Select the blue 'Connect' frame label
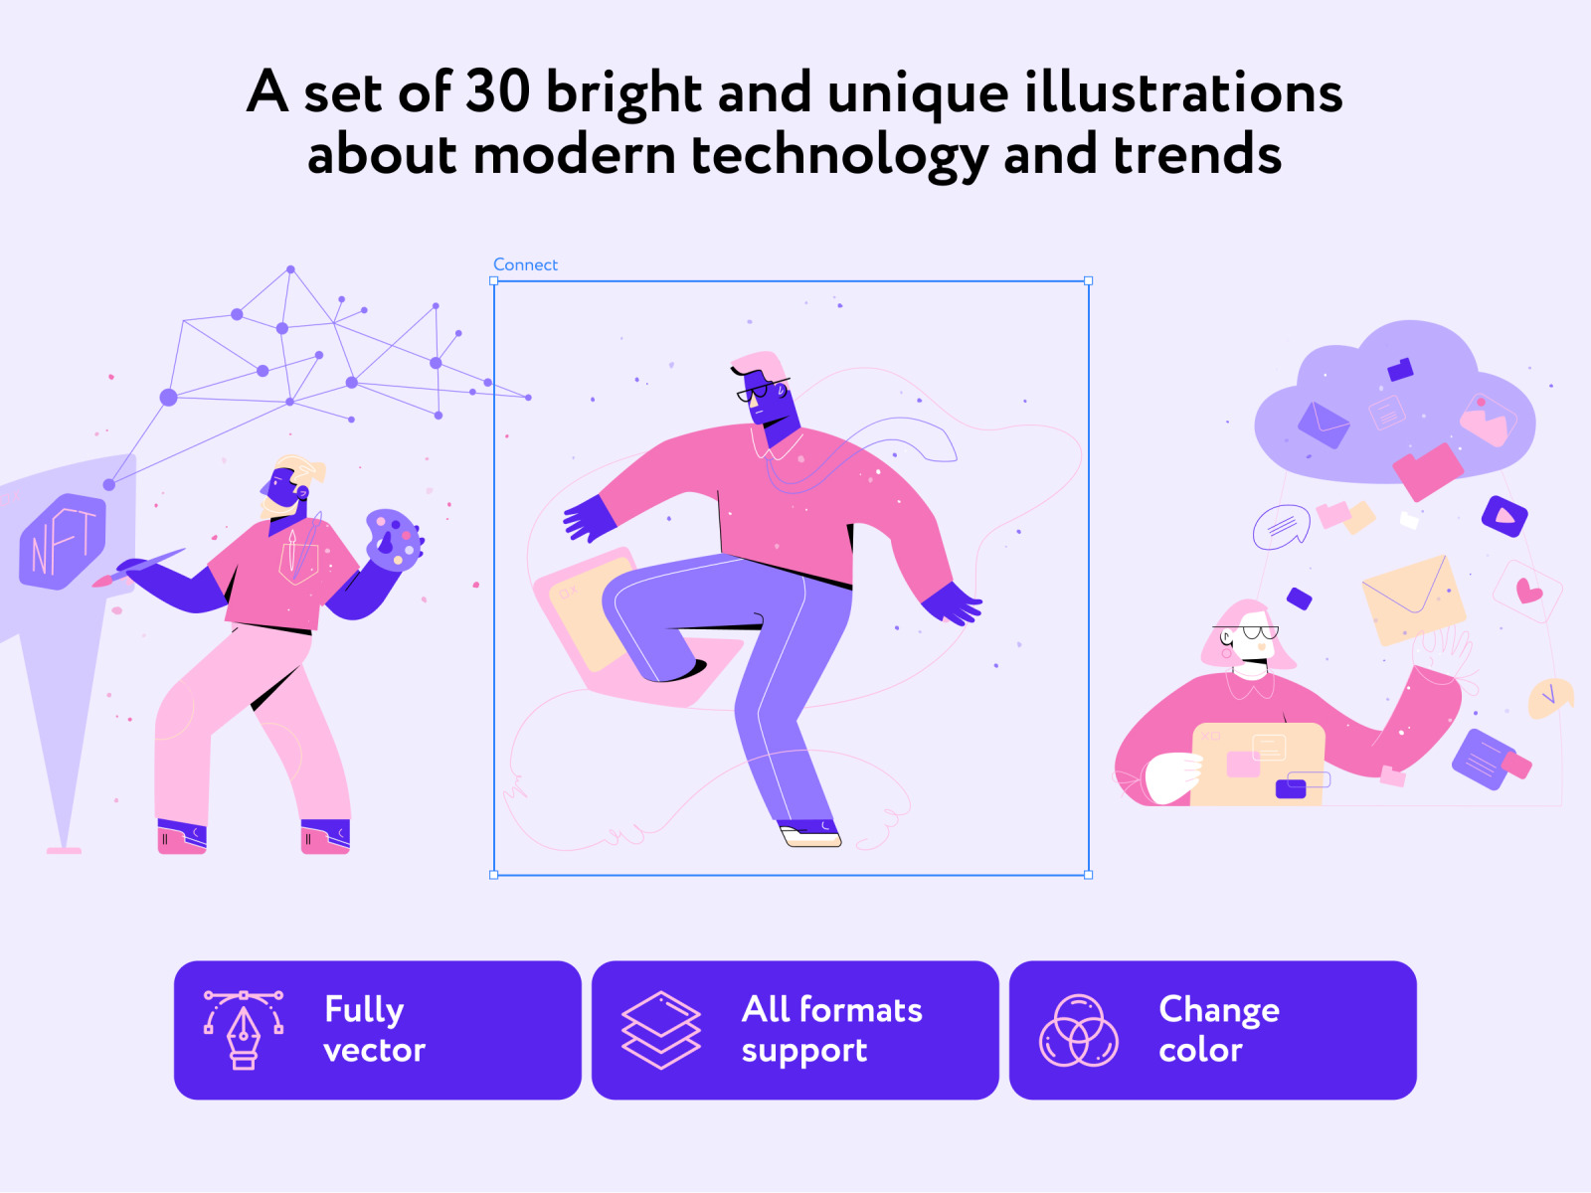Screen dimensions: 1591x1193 click(525, 265)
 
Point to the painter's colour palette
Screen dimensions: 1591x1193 click(395, 540)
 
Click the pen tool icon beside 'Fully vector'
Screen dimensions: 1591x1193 click(244, 1029)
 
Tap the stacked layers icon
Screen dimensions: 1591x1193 click(660, 1029)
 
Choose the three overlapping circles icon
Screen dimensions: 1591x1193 click(1079, 1030)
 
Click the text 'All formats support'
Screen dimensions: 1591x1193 click(831, 1030)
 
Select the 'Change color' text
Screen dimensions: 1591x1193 click(1218, 1030)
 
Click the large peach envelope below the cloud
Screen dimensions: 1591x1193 click(1413, 599)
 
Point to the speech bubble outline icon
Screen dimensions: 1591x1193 click(1282, 526)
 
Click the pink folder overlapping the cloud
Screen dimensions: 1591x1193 click(1427, 471)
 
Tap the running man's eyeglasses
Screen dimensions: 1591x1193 click(760, 390)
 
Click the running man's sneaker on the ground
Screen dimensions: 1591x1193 click(810, 834)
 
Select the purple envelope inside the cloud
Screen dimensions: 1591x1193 click(1323, 425)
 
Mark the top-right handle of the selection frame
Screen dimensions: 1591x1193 click(1088, 281)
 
